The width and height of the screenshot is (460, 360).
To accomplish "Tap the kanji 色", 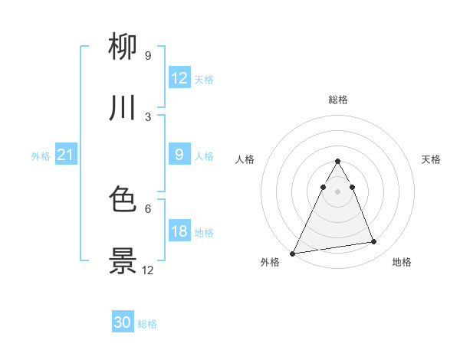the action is [x=123, y=201].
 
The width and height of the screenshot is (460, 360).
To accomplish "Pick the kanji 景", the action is [x=123, y=261].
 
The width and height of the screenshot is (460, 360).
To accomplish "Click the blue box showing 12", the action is [x=179, y=78].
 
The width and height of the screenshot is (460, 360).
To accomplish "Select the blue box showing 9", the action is [x=179, y=155].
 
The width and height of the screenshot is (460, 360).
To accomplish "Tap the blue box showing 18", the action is [x=179, y=231].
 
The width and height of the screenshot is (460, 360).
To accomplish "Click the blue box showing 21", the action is [x=66, y=155].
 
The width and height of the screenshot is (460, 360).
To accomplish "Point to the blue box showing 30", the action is [x=123, y=323].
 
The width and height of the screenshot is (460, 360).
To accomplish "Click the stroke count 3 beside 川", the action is [x=148, y=116].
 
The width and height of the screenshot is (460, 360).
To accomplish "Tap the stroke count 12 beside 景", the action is [x=148, y=270].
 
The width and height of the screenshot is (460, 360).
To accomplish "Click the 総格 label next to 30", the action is [x=147, y=324].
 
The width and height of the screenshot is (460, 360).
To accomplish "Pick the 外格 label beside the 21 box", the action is [x=41, y=156].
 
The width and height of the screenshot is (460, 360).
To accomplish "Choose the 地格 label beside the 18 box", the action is [x=204, y=233].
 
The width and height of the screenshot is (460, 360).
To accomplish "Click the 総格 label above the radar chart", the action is [x=337, y=100].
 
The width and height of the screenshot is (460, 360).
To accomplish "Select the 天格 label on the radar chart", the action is [x=431, y=159].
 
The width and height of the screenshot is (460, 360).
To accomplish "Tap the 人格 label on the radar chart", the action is [x=245, y=159].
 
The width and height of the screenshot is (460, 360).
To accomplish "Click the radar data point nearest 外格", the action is [x=292, y=254].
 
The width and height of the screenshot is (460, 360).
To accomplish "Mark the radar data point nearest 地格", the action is [x=374, y=242].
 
